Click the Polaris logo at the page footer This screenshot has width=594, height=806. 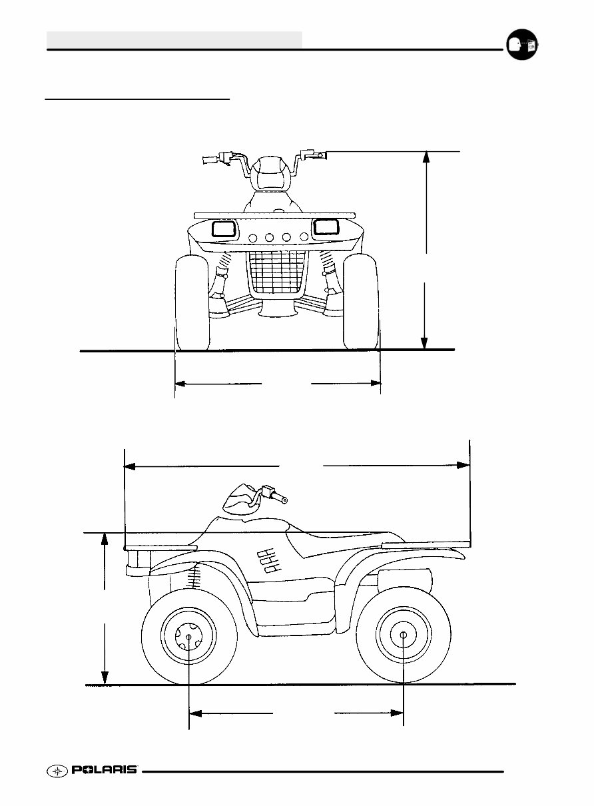coord(92,770)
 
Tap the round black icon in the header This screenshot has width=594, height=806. coord(522,45)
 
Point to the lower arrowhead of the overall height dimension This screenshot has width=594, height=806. coord(424,343)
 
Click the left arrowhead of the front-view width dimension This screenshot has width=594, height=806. coord(180,384)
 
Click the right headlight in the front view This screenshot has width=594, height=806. coord(326,227)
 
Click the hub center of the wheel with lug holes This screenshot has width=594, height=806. coord(189,637)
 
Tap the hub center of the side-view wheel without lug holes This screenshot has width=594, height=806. coord(404,635)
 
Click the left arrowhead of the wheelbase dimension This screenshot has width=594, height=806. coord(195,713)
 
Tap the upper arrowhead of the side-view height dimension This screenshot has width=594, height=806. coord(105,539)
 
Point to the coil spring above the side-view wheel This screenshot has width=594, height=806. coord(194,576)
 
